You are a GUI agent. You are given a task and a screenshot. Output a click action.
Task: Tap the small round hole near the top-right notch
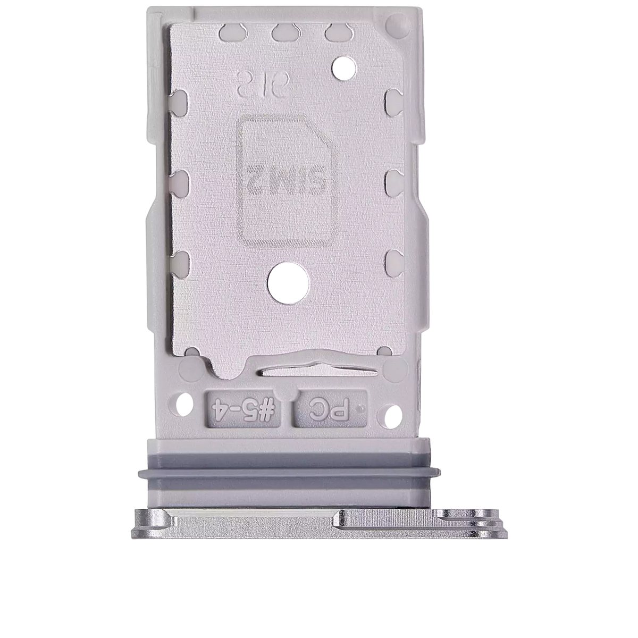pos(341,67)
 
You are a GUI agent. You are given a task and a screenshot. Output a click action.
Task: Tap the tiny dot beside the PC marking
pos(362,409)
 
